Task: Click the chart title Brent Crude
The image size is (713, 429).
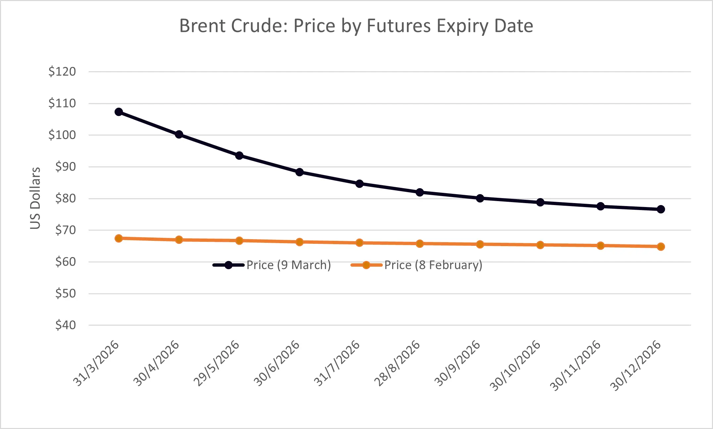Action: [356, 26]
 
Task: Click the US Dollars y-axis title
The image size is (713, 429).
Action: [35, 198]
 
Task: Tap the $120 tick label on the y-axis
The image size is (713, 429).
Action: [62, 72]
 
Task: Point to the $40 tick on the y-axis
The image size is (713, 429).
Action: [66, 325]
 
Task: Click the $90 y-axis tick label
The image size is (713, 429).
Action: [66, 167]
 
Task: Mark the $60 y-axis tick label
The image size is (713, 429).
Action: [66, 262]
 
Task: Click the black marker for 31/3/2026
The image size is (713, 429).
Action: [119, 112]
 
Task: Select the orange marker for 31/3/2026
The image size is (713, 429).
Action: [119, 238]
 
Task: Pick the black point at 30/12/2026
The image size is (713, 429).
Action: [661, 209]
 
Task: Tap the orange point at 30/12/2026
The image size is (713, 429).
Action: [661, 246]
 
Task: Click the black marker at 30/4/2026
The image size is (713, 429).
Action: [179, 134]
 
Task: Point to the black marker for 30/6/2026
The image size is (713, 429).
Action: [299, 172]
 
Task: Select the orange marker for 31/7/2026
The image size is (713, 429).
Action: [359, 242]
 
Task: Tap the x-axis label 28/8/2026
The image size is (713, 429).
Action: [397, 363]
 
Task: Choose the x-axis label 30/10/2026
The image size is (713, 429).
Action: [515, 365]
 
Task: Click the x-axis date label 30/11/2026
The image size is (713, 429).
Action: [576, 365]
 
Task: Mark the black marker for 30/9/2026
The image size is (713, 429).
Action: [480, 198]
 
